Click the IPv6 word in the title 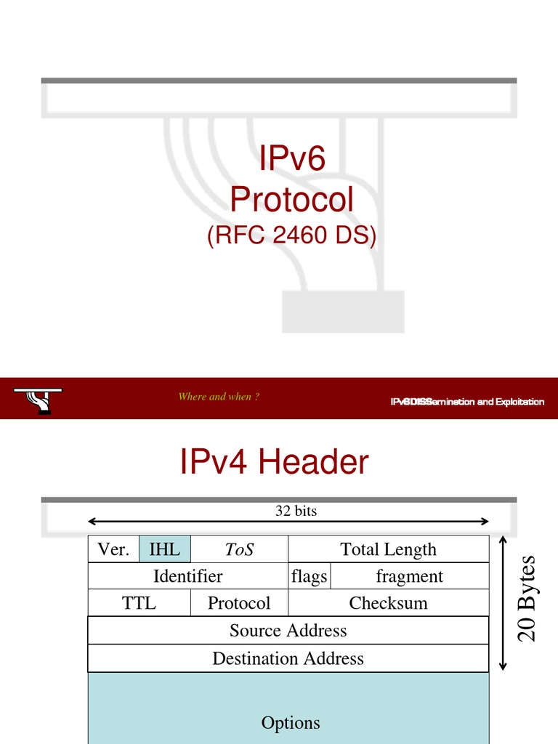[292, 159]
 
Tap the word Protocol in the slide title [292, 199]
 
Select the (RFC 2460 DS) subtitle [292, 236]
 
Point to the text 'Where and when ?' [219, 397]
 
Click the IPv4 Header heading [275, 462]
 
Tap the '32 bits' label [296, 511]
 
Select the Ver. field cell [113, 549]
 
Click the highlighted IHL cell [164, 549]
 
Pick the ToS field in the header [239, 549]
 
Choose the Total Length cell [389, 549]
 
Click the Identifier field [187, 576]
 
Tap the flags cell [309, 576]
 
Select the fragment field [409, 576]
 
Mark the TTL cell [139, 603]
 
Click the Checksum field [389, 603]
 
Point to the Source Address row [288, 630]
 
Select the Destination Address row [288, 658]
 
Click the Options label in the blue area [291, 723]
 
